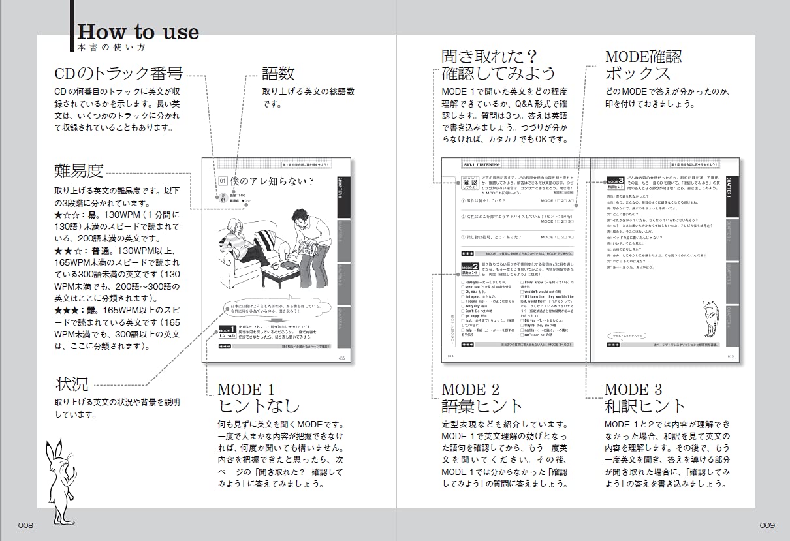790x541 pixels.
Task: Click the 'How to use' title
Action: pyautogui.click(x=138, y=32)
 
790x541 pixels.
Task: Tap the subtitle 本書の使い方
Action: pyautogui.click(x=110, y=48)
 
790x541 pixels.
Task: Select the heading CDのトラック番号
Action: pyautogui.click(x=118, y=73)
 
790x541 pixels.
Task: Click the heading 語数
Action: pyautogui.click(x=278, y=73)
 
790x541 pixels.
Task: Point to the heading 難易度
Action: pyautogui.click(x=78, y=171)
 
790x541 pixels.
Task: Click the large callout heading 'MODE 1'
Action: pyautogui.click(x=245, y=390)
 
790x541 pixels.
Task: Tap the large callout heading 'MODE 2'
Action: pyautogui.click(x=470, y=390)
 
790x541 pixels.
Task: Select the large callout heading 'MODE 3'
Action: pyautogui.click(x=633, y=390)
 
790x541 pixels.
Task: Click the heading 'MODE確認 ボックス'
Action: pyautogui.click(x=643, y=64)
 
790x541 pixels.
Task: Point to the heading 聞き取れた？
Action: pyautogui.click(x=489, y=56)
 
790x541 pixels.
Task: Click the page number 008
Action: pyautogui.click(x=25, y=525)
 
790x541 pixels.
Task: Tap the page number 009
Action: pyautogui.click(x=766, y=525)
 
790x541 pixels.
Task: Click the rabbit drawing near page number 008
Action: pyautogui.click(x=59, y=473)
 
